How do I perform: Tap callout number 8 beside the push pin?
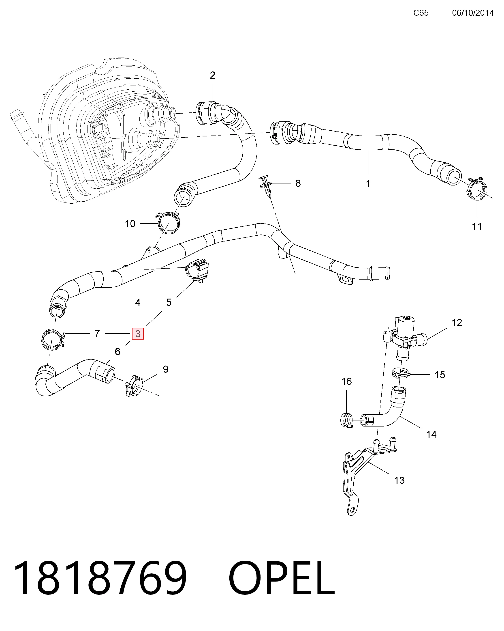(298, 183)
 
